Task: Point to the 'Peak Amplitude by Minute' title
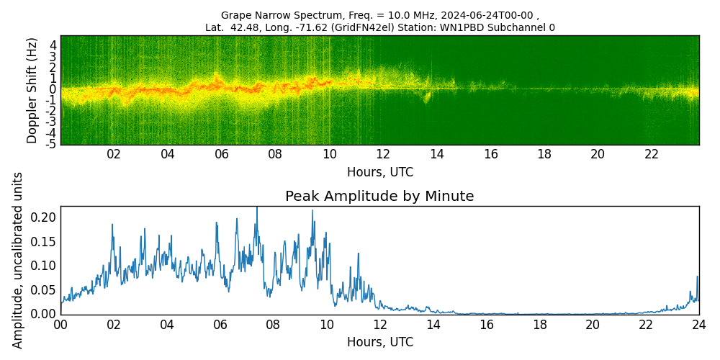[379, 197]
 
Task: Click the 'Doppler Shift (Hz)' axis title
[32, 90]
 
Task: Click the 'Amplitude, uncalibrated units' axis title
[18, 260]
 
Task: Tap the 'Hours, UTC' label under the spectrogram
[379, 173]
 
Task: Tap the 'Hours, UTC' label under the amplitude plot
[379, 342]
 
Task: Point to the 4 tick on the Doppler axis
[53, 45]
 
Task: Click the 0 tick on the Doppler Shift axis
[53, 89]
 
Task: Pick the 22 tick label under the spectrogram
[652, 155]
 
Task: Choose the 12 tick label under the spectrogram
[383, 155]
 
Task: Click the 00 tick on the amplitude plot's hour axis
[60, 325]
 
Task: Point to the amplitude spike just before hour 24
[697, 277]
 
